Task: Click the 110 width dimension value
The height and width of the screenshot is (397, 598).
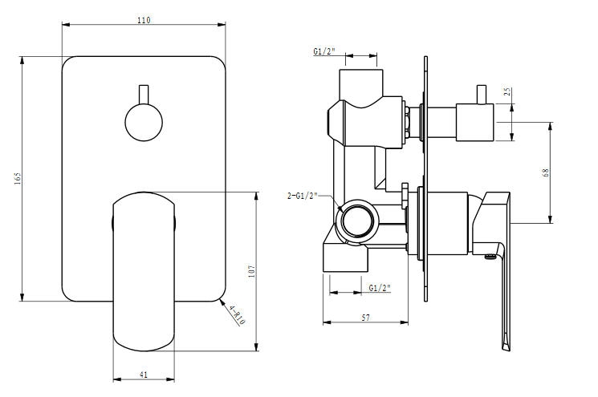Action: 144,20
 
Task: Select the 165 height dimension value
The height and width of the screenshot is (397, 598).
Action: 18,178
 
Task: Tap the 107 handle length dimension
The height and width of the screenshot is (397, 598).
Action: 252,271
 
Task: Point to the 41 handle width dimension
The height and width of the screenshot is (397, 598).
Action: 144,375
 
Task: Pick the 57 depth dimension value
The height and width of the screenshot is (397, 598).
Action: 365,318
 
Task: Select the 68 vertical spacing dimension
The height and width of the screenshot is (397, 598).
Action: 546,172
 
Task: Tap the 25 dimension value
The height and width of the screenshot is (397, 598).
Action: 507,91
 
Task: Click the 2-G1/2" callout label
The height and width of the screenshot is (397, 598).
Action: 303,196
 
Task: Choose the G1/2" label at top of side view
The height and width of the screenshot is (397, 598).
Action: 324,51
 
